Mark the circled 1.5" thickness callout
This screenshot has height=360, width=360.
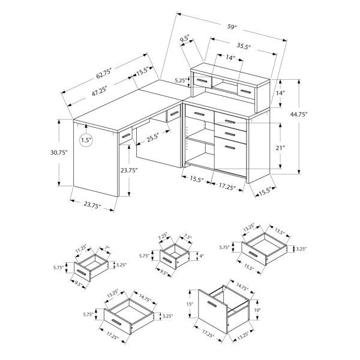(x=87, y=141)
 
